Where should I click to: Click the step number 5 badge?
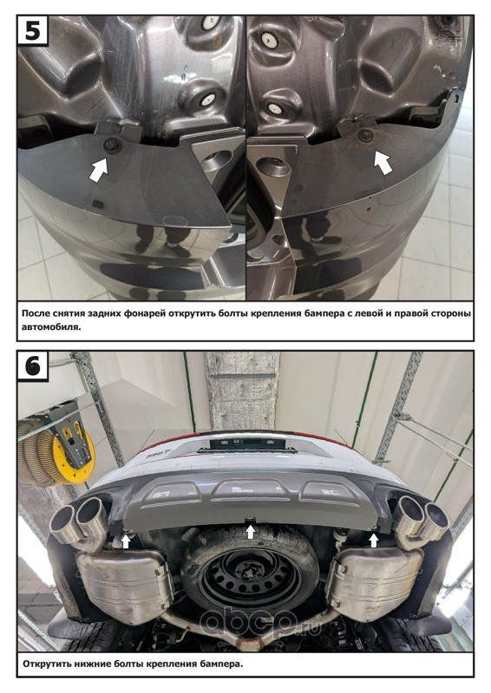point(33,30)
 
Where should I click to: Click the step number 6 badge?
point(33,366)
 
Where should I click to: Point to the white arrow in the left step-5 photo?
point(99,170)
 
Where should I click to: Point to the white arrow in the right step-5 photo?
point(383,162)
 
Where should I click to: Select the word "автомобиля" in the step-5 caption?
point(51,328)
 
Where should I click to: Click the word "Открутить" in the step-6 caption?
point(47,664)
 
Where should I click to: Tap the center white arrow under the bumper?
point(251,531)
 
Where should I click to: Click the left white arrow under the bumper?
point(126,541)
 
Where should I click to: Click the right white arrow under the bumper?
point(374,540)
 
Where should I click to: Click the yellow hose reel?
point(74,452)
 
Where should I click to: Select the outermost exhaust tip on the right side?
point(437,519)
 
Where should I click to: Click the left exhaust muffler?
point(124,581)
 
